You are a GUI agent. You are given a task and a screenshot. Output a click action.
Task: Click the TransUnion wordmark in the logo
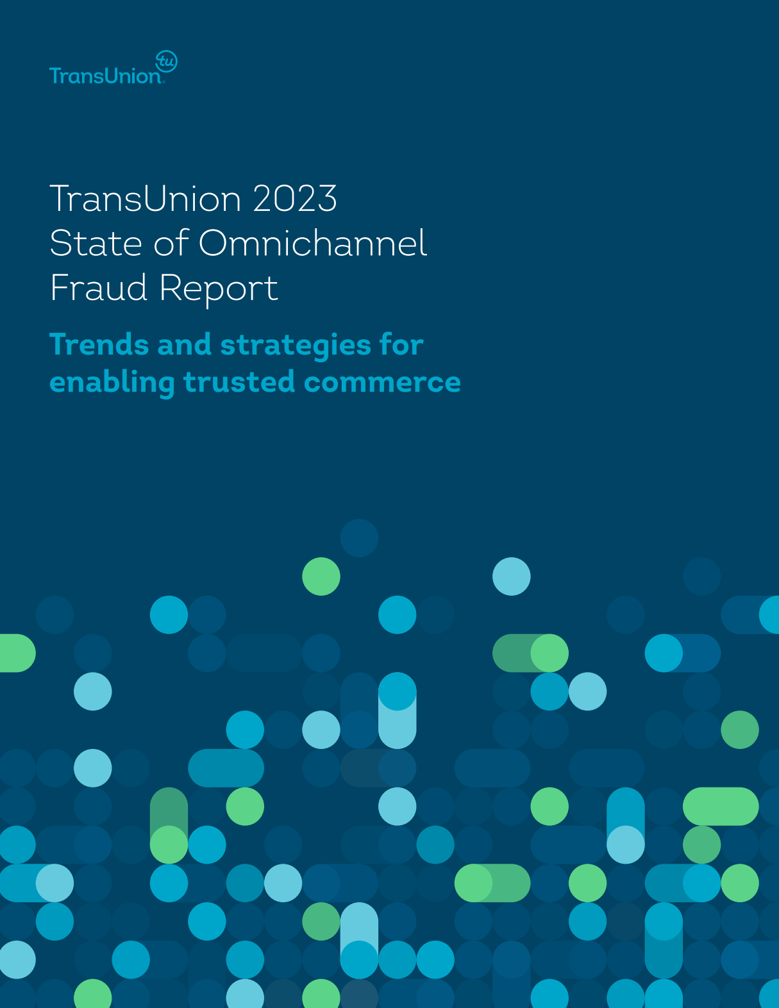(105, 76)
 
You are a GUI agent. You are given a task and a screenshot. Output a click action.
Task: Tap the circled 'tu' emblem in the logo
(167, 62)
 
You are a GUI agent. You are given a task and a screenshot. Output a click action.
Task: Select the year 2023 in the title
(294, 199)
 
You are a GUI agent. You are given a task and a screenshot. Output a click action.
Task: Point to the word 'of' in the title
(171, 244)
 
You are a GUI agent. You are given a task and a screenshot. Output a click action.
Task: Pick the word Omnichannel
(312, 244)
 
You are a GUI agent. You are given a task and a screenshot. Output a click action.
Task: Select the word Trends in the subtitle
(99, 344)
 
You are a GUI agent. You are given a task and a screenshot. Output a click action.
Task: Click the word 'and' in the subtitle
(185, 344)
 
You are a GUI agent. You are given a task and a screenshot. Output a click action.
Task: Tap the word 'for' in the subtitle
(401, 344)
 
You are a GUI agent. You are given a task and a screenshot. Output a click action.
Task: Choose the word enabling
(112, 383)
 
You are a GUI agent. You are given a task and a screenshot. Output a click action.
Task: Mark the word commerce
(382, 382)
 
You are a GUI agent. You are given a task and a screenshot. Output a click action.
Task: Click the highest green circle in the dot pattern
(321, 576)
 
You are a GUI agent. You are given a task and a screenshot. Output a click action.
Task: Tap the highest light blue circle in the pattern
(512, 576)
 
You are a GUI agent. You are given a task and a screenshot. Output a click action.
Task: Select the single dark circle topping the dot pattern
(359, 538)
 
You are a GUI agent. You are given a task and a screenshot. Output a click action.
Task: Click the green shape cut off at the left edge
(15, 653)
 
